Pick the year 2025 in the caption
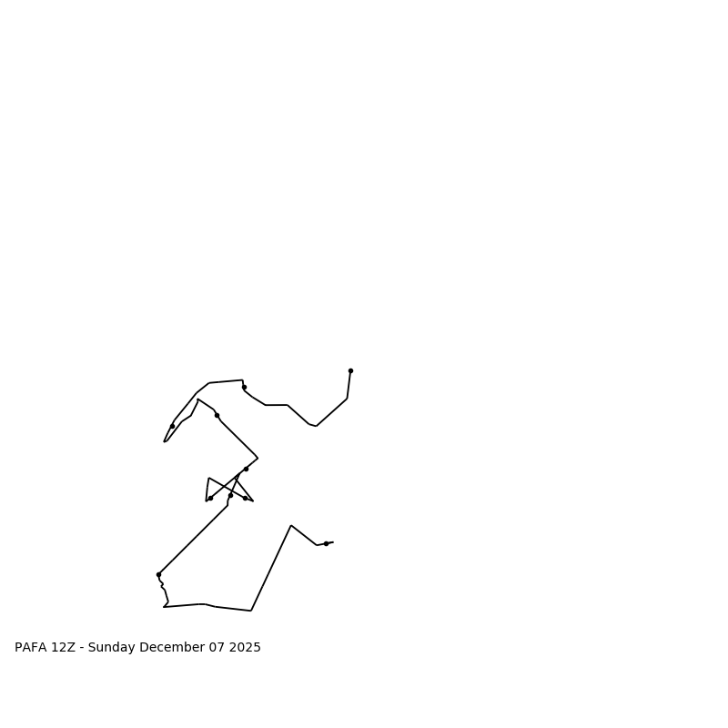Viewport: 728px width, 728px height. click(244, 648)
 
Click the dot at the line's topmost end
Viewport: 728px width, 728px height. click(350, 370)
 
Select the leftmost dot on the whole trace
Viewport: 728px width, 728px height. click(158, 574)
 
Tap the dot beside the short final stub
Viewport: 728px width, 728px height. click(326, 543)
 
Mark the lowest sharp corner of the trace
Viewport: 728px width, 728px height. click(251, 611)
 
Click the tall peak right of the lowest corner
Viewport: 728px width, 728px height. click(291, 525)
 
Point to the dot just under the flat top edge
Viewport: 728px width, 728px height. click(244, 387)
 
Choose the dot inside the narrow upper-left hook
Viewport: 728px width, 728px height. click(172, 426)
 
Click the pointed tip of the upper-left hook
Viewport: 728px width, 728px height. click(165, 441)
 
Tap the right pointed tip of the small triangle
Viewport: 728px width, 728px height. click(253, 500)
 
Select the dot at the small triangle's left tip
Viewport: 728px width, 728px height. click(210, 498)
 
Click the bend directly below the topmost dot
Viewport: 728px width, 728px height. click(347, 399)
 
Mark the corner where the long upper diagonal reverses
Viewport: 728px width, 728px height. click(258, 458)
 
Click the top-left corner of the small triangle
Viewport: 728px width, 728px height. click(208, 478)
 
